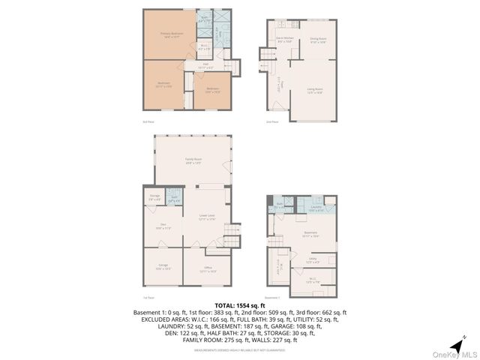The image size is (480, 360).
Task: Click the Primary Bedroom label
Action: tap(172, 34)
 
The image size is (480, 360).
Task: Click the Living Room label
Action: tap(315, 91)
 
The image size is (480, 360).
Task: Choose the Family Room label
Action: tap(193, 160)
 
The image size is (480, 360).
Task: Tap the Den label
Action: tap(163, 226)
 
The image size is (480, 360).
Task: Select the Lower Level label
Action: tap(208, 217)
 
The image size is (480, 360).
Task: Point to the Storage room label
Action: tap(155, 198)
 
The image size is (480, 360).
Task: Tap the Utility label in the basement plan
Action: tap(313, 261)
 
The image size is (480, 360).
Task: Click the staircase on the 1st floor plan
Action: tap(233, 234)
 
